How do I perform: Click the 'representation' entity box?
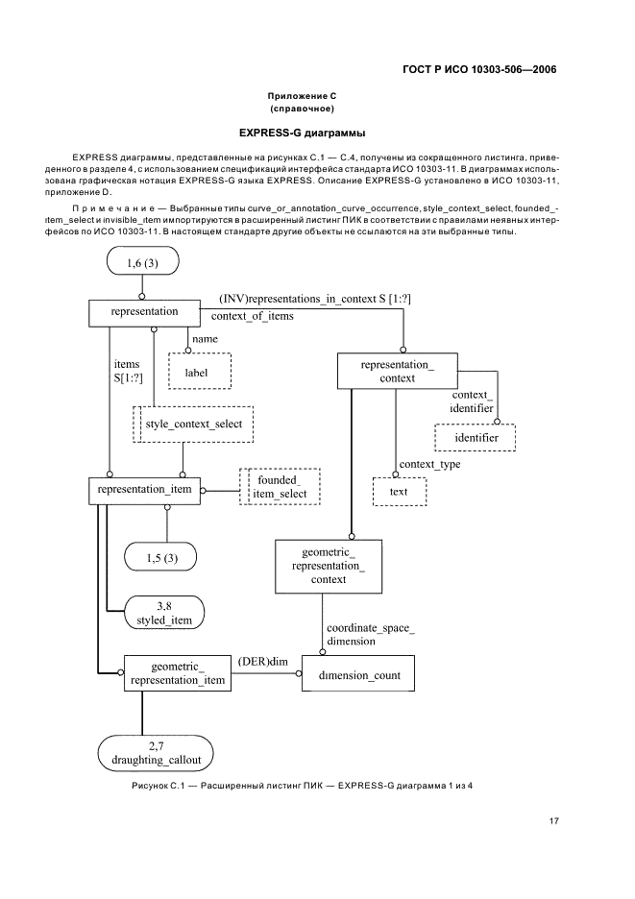pos(144,311)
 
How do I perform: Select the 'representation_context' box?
pos(396,372)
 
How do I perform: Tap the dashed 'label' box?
pos(200,372)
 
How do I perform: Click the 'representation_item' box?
pos(144,490)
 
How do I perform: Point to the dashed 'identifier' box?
pos(476,438)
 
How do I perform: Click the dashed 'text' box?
pos(399,492)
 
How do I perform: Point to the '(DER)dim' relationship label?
pos(262,662)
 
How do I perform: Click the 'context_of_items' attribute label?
pos(252,315)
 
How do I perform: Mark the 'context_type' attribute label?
pos(429,465)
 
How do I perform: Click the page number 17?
pos(554,821)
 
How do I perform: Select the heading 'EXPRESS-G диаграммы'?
pos(317,132)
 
